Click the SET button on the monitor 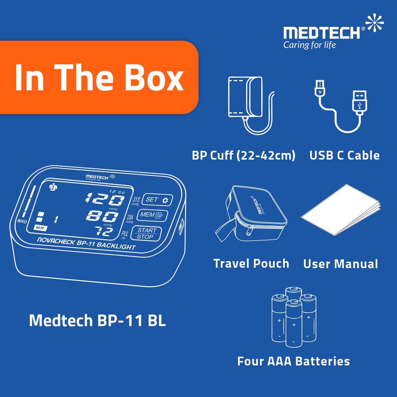tap(157, 200)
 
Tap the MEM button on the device tap(152, 215)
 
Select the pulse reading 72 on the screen tap(105, 231)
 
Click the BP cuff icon tap(250, 105)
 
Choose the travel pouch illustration tap(251, 214)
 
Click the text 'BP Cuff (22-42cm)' tap(243, 155)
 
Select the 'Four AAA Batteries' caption tap(293, 361)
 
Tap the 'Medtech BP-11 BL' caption tap(97, 320)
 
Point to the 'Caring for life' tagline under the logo tap(309, 45)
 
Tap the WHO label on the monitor tap(22, 221)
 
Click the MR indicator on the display tap(40, 228)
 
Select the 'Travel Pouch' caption tap(251, 264)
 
